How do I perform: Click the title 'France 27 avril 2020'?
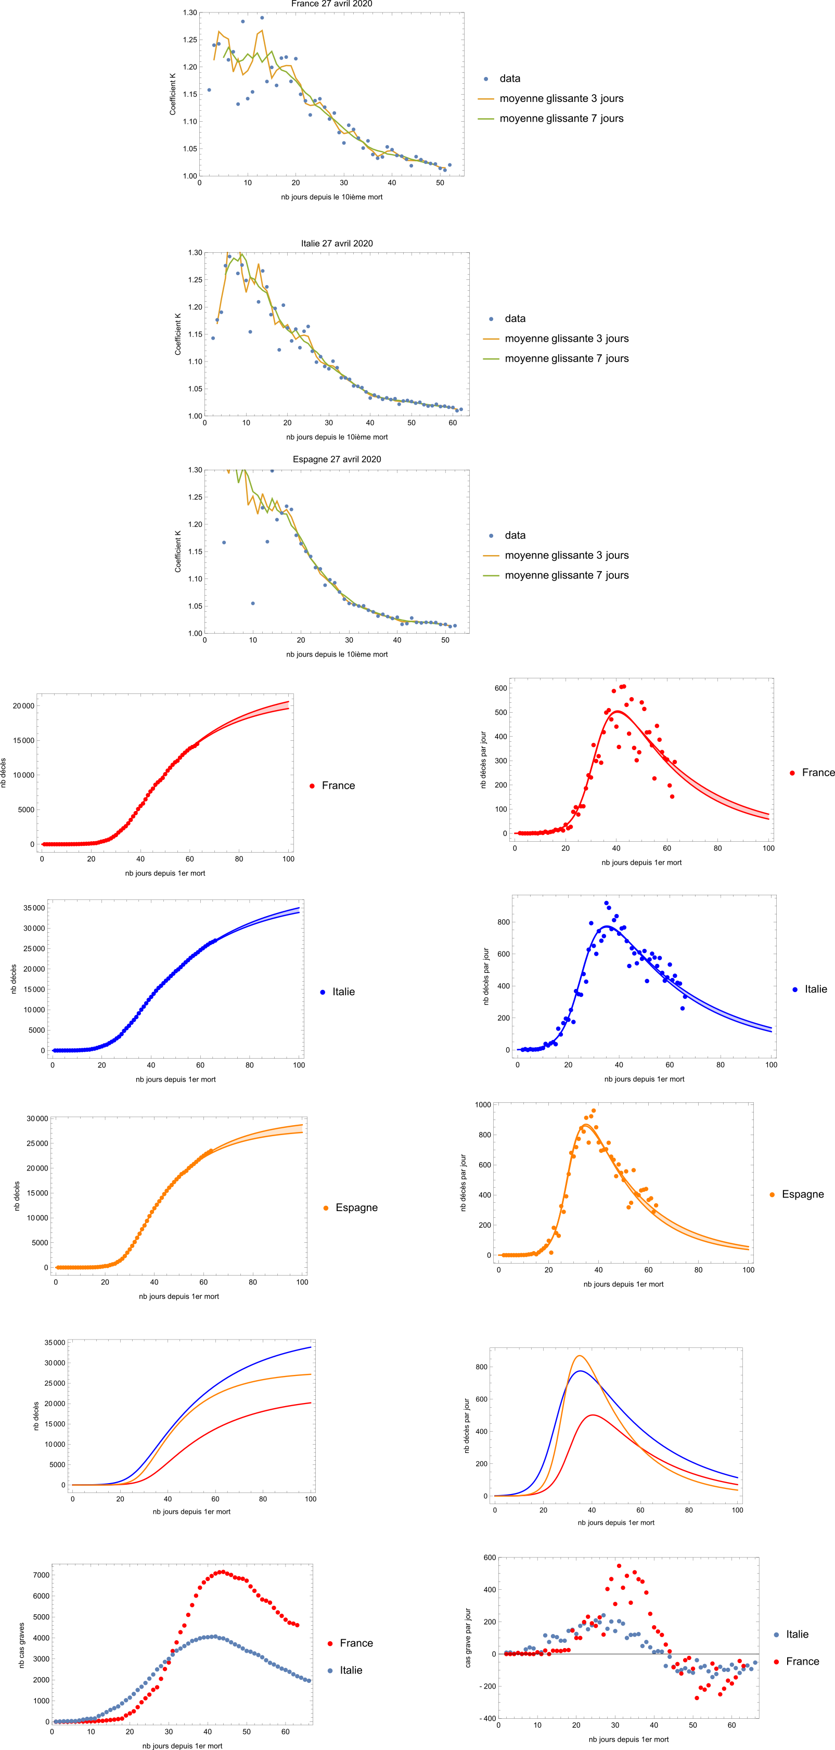point(331,4)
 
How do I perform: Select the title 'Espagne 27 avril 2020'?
point(337,459)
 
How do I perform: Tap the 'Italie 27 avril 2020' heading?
point(337,243)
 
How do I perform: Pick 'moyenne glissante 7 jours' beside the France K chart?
point(561,118)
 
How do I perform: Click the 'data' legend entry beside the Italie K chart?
point(515,318)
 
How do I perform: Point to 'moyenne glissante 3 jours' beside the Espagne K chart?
point(566,555)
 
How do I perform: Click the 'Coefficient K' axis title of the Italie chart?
point(178,334)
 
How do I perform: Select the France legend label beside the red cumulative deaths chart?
point(338,786)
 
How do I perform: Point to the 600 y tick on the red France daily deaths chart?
point(500,688)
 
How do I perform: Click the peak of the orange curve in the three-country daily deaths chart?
point(580,1357)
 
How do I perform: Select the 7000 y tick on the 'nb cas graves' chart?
point(42,1575)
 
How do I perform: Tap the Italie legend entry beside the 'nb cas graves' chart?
point(351,1670)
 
